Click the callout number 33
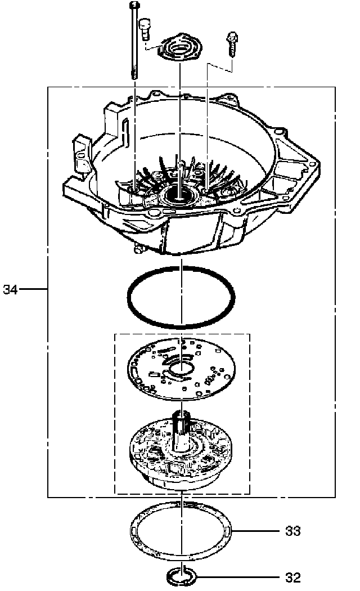pos(293,531)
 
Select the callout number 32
pos(293,577)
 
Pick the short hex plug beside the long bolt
pos(145,26)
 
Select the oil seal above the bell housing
pos(179,48)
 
